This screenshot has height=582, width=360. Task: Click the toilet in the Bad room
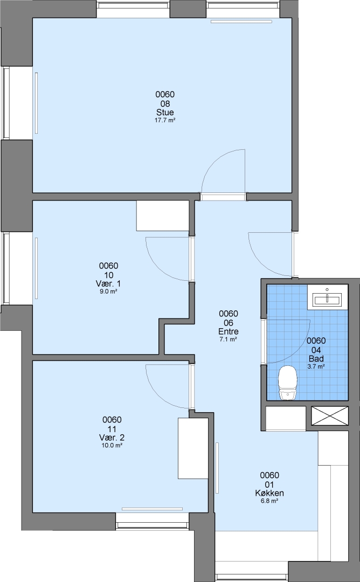(x=287, y=383)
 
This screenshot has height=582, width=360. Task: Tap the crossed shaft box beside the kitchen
(x=330, y=415)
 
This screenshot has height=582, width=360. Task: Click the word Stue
(x=165, y=112)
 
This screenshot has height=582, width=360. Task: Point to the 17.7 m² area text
(x=165, y=120)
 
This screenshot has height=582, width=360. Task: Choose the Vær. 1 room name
(x=108, y=283)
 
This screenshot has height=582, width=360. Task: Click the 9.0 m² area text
(x=108, y=292)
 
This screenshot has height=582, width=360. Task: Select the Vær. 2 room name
(x=112, y=437)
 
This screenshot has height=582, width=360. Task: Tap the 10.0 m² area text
(x=112, y=446)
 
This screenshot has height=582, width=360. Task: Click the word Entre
(x=229, y=331)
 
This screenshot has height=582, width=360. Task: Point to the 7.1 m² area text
(x=229, y=339)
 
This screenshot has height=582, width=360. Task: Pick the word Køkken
(x=269, y=493)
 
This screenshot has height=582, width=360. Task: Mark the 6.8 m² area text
(x=269, y=501)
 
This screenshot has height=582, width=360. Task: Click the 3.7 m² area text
(x=316, y=366)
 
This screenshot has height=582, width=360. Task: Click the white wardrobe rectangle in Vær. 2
(x=193, y=448)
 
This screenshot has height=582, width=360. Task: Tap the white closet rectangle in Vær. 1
(x=163, y=216)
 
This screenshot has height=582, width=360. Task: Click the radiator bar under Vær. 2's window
(x=152, y=509)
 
